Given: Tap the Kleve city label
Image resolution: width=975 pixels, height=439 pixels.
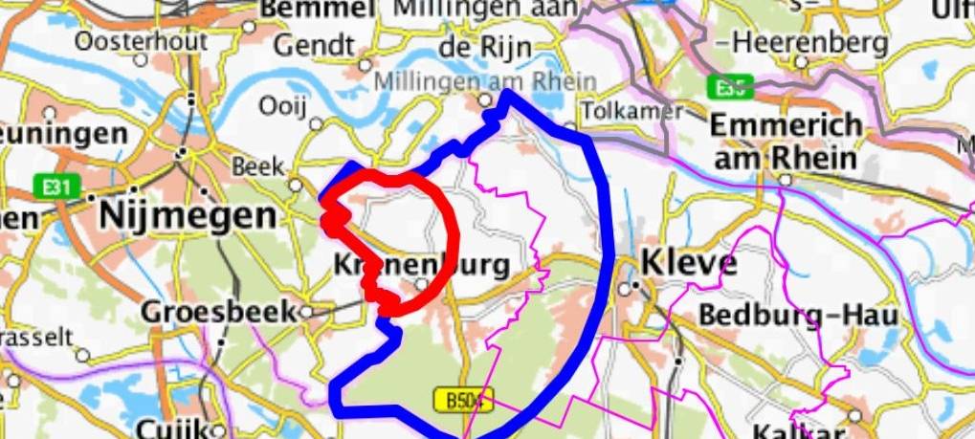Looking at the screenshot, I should click(689, 261).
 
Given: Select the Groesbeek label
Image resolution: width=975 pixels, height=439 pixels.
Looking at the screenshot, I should click(219, 311).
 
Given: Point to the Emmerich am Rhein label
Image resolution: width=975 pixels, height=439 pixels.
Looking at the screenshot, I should click(786, 141).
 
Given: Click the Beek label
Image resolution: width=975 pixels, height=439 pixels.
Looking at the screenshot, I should click(253, 166).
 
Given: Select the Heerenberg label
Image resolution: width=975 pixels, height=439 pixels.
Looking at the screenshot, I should click(795, 43).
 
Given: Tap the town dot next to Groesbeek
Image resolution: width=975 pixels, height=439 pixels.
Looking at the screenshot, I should click(306, 311).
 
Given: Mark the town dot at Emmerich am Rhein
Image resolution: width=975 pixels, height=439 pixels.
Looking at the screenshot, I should click(786, 179).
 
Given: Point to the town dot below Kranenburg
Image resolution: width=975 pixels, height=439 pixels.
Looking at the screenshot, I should click(422, 284).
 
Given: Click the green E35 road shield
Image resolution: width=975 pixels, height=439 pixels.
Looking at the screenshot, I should click(730, 89).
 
